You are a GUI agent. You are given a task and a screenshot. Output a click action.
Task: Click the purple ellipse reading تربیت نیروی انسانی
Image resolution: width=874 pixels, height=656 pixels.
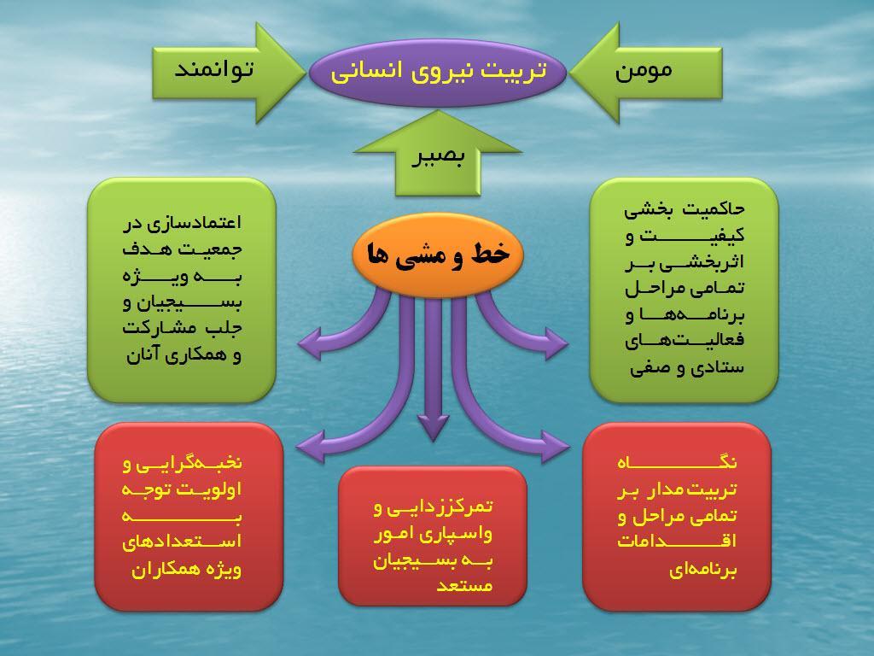pyautogui.click(x=438, y=72)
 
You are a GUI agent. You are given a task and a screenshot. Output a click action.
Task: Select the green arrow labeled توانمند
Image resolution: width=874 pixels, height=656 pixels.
pyautogui.click(x=229, y=73)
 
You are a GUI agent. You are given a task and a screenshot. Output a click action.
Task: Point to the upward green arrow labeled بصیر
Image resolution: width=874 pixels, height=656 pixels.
pyautogui.click(x=438, y=154)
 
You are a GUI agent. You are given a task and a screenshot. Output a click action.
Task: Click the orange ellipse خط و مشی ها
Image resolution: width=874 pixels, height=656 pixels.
pyautogui.click(x=438, y=255)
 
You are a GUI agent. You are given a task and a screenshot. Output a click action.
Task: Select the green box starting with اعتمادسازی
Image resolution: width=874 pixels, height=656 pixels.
pyautogui.click(x=182, y=290)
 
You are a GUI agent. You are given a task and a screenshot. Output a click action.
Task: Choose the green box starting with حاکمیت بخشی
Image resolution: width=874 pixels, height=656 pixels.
pyautogui.click(x=684, y=290)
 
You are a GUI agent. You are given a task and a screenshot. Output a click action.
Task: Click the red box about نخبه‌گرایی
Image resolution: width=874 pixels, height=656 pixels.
pyautogui.click(x=189, y=517)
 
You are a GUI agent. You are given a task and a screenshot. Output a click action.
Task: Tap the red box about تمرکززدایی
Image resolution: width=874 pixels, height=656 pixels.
pyautogui.click(x=433, y=536)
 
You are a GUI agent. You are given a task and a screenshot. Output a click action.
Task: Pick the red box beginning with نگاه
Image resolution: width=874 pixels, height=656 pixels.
pyautogui.click(x=677, y=517)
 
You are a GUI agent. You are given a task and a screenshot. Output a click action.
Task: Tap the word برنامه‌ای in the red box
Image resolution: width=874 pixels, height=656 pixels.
pyautogui.click(x=703, y=570)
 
